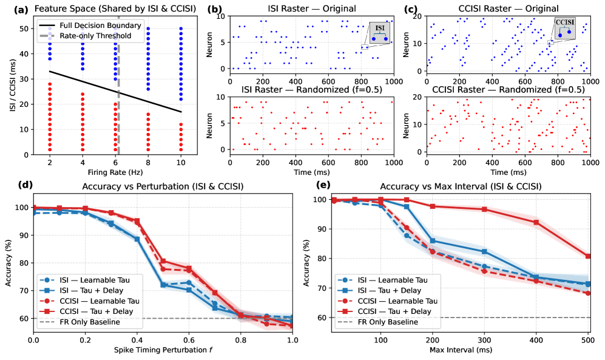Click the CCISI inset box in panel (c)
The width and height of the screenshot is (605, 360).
point(564,29)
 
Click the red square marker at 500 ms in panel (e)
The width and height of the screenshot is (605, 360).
point(587,256)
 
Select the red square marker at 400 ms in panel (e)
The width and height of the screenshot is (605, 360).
point(536,222)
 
